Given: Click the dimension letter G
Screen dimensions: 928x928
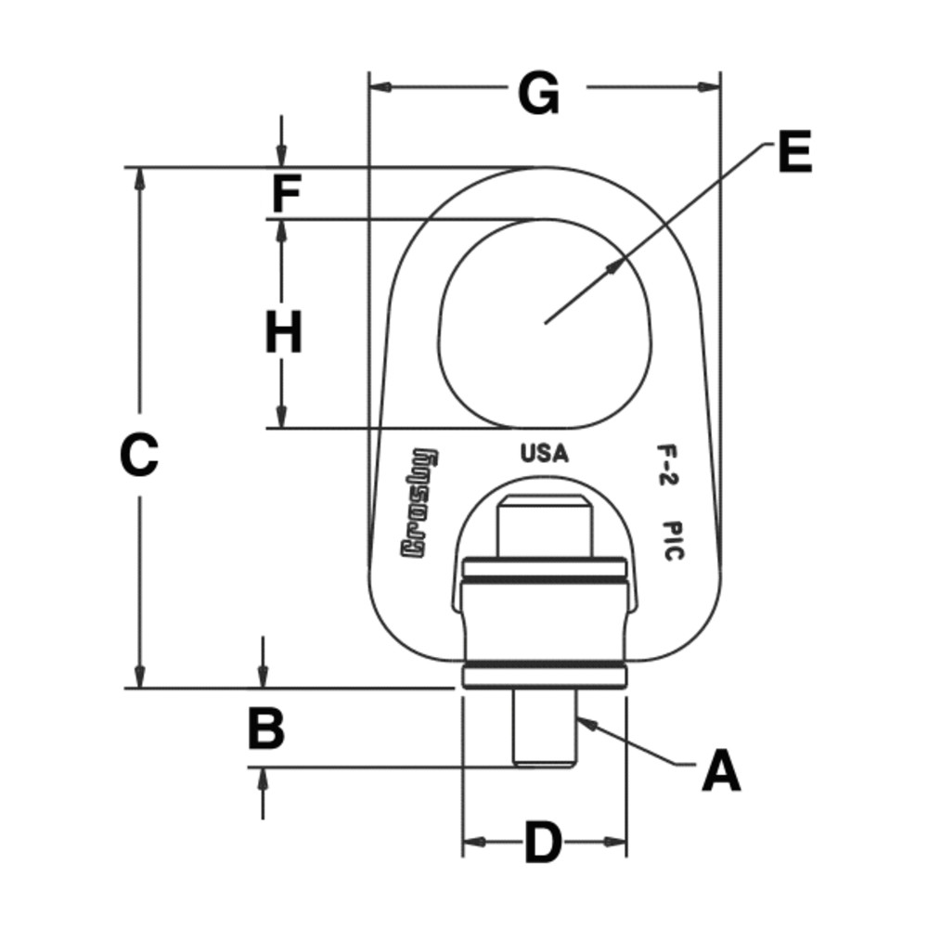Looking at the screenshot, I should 539,93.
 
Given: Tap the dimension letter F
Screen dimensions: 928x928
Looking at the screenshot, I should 286,195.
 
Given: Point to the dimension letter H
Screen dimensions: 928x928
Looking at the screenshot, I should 284,333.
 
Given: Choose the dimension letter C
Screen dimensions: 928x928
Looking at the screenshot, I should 139,455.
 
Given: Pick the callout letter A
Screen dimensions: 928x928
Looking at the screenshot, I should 721,772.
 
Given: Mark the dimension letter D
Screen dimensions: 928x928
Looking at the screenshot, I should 544,843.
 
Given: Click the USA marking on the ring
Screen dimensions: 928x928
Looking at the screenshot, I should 543,455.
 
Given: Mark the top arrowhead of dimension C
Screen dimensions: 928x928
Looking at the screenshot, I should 140,177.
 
